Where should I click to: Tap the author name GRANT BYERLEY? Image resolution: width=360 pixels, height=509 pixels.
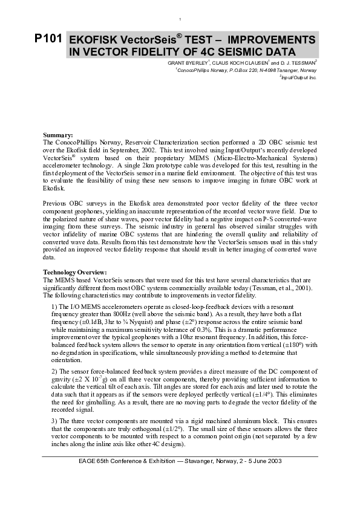188,63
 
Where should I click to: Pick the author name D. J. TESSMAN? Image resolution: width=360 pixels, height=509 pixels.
296,63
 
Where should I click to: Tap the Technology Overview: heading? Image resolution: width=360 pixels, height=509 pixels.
74,273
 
